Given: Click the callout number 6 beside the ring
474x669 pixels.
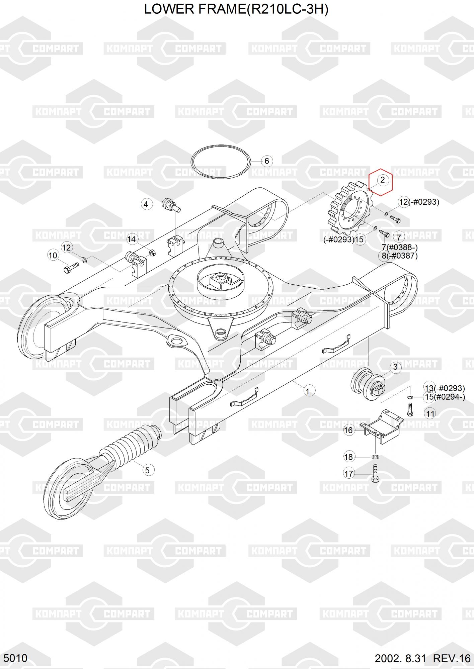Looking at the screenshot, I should point(267,161).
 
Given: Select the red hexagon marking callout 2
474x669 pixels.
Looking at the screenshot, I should point(381,182).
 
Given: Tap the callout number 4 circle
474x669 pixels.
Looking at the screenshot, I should point(146,204).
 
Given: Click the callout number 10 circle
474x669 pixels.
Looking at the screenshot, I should point(53,256).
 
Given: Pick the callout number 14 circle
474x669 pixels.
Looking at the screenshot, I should point(132,239).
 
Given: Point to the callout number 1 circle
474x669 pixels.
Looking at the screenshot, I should point(309,391).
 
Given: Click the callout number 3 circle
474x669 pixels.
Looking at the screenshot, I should point(395,367).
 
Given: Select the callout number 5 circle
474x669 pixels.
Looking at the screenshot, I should point(147,470).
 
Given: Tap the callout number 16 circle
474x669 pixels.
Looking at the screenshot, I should point(348,430).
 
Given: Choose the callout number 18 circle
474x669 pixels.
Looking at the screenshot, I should point(348,457).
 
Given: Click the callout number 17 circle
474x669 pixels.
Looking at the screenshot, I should point(349,474).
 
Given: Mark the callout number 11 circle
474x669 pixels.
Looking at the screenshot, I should point(430,414).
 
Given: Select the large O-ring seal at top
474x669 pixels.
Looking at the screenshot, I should point(221,162).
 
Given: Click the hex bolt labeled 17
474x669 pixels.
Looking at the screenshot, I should point(375,473).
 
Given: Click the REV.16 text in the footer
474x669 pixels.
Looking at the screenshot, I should point(452,659).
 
